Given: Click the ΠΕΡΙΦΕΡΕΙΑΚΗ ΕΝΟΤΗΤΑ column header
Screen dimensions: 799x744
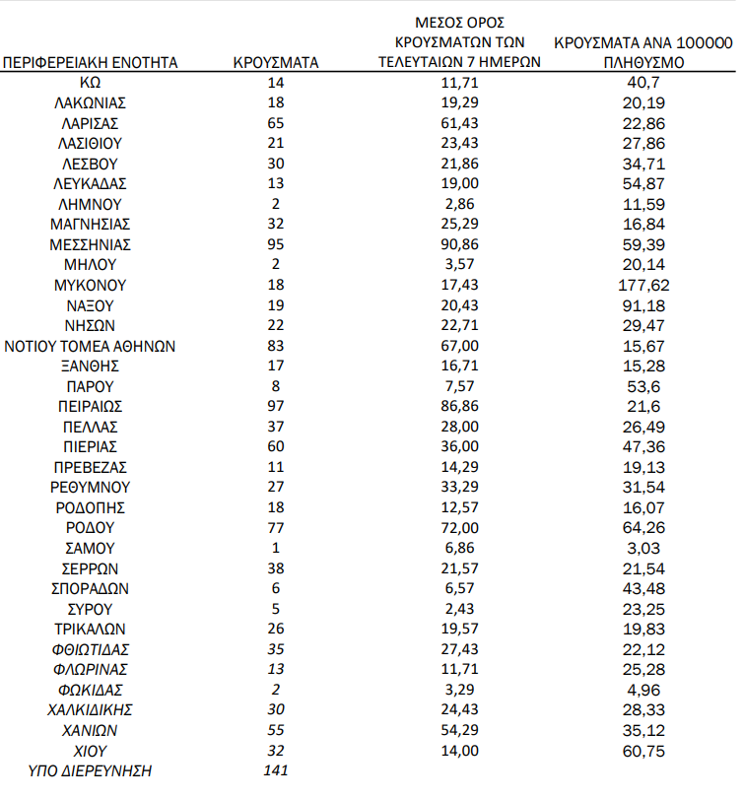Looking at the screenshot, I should pyautogui.click(x=91, y=62).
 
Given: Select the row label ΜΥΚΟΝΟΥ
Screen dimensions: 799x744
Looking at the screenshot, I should pyautogui.click(x=91, y=285).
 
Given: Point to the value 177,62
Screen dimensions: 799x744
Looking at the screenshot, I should pyautogui.click(x=645, y=285).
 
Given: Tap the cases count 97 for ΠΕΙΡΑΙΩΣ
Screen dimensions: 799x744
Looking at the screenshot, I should pyautogui.click(x=275, y=406).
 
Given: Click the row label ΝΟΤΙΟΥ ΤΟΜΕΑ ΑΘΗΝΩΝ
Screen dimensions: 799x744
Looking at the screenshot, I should pyautogui.click(x=91, y=345).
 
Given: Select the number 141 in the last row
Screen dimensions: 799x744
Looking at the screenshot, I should pyautogui.click(x=275, y=770).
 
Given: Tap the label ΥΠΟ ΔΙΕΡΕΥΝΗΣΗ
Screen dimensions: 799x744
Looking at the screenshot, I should pyautogui.click(x=91, y=770).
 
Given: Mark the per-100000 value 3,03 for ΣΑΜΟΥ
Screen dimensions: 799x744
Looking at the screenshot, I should pyautogui.click(x=645, y=548).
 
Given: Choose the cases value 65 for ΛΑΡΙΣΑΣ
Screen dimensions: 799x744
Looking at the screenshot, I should pyautogui.click(x=275, y=123).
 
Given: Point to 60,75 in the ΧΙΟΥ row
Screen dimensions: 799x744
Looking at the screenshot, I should pyautogui.click(x=645, y=750).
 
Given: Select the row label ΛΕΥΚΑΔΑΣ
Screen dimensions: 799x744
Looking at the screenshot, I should pyautogui.click(x=91, y=183).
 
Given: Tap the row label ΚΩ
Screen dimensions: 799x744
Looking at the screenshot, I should pyautogui.click(x=91, y=83).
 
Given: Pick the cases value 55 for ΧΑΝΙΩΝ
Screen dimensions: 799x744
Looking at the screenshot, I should pyautogui.click(x=275, y=730).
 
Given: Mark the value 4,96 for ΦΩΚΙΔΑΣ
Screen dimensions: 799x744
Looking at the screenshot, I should pyautogui.click(x=645, y=690).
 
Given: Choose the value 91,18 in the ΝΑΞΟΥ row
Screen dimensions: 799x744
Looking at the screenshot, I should pyautogui.click(x=645, y=304).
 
